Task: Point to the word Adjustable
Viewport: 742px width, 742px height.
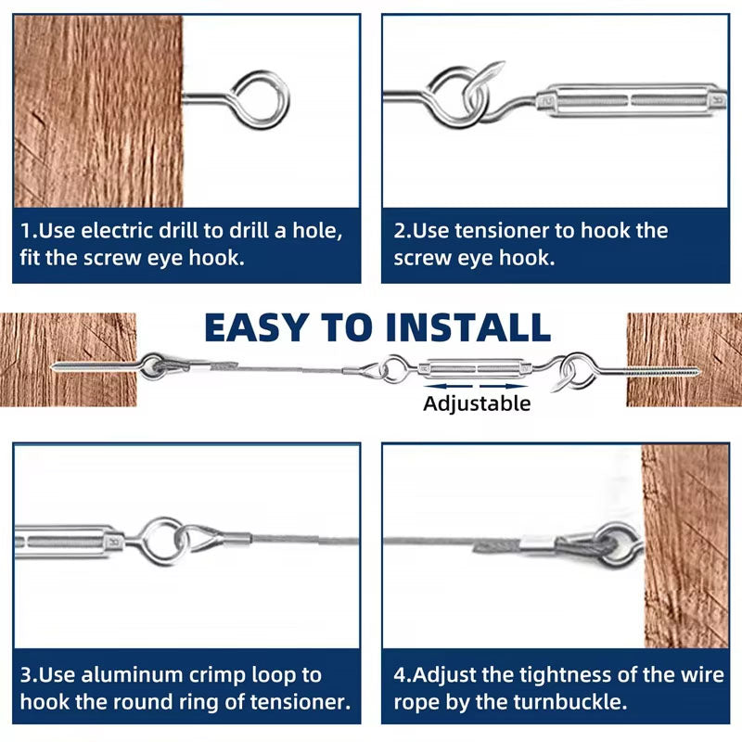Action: click(477, 403)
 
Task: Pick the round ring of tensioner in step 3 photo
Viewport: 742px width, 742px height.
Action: click(164, 541)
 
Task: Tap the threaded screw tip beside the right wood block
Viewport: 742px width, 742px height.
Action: click(682, 374)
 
